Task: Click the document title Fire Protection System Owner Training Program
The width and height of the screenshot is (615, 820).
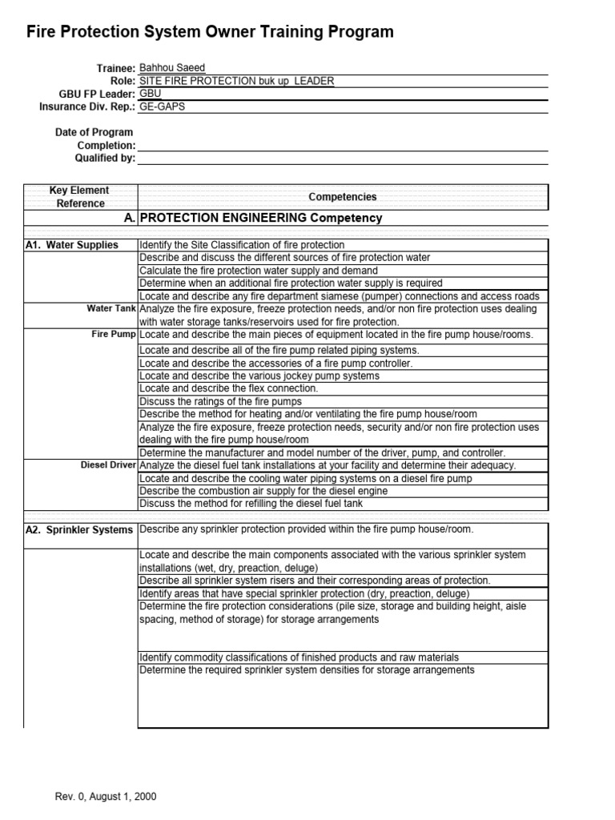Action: [x=211, y=32]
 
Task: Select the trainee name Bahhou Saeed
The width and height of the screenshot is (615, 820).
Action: [x=171, y=68]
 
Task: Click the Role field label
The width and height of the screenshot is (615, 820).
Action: [x=122, y=81]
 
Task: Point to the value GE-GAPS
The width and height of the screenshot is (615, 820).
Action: [x=162, y=107]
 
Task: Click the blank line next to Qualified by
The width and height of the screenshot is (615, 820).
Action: [x=343, y=158]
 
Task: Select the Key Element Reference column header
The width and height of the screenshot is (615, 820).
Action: [x=80, y=197]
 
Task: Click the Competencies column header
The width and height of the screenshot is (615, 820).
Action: [x=343, y=197]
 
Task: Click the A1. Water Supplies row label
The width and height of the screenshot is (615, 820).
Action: [x=72, y=245]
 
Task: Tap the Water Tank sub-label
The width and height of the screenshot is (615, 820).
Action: [x=111, y=308]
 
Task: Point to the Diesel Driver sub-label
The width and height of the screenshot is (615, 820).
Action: [x=108, y=465]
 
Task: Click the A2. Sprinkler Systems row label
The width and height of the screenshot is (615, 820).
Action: [x=78, y=530]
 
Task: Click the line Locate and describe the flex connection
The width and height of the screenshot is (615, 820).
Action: [x=229, y=388]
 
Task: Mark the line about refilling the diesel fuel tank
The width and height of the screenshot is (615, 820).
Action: [x=251, y=504]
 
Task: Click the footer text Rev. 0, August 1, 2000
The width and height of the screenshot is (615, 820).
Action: [x=105, y=797]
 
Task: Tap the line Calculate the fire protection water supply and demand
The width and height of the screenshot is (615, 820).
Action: [x=259, y=271]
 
